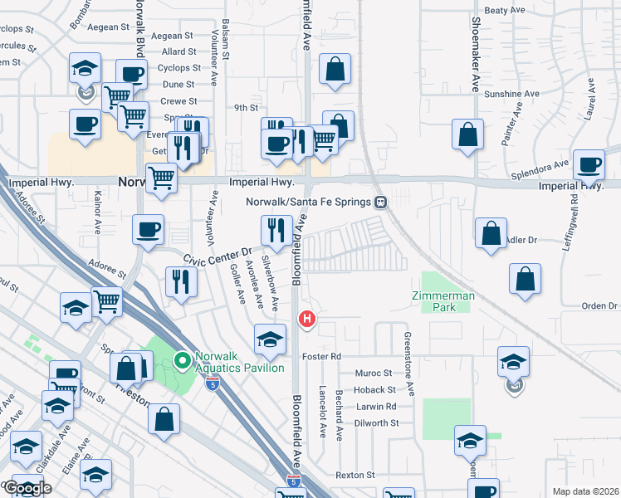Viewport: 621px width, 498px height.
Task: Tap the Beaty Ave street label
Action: pos(506,11)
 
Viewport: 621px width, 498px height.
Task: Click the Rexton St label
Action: pos(355,475)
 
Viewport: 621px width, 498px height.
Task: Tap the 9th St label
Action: pos(247,108)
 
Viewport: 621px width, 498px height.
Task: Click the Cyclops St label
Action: pos(178,68)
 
